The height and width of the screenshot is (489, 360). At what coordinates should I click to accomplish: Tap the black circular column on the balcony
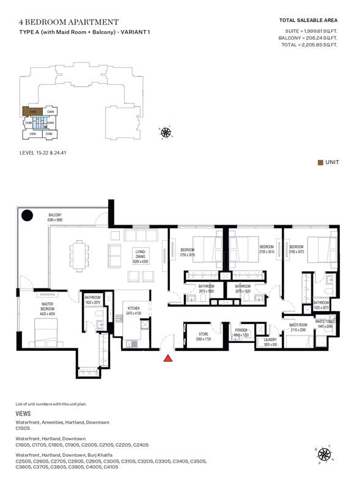pyautogui.click(x=28, y=215)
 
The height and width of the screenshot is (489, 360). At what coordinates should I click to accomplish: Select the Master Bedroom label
pyautogui.click(x=48, y=306)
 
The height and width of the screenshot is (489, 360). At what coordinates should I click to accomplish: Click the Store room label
pyautogui.click(x=203, y=336)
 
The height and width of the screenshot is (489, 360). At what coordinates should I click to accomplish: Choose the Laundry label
pyautogui.click(x=270, y=342)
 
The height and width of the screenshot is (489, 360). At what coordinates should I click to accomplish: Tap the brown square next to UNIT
pyautogui.click(x=320, y=162)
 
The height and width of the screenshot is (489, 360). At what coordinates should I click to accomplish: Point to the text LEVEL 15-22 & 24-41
pyautogui.click(x=43, y=161)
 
